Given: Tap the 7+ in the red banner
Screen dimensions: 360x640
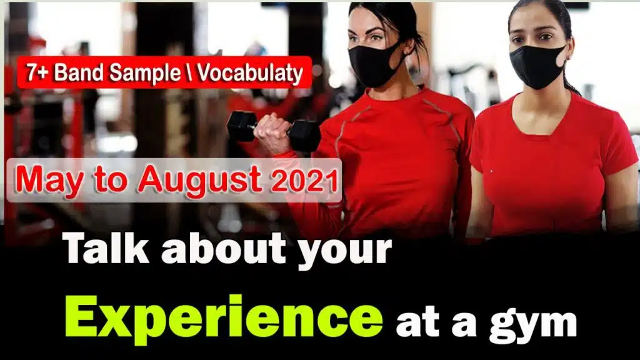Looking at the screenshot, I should tap(38, 73).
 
